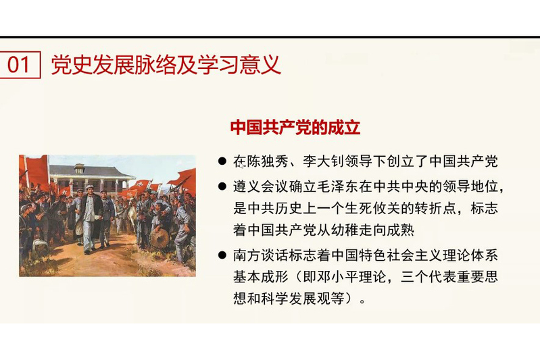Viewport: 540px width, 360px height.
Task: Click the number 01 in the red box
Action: pos(19,65)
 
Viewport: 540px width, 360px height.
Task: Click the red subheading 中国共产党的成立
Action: pos(295,128)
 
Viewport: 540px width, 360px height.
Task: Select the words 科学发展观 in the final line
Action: pos(296,299)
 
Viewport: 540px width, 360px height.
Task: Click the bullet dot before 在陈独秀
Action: pos(222,161)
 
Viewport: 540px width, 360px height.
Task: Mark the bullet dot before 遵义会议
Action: pos(222,186)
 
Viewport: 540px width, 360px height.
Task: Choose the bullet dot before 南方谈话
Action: pos(222,255)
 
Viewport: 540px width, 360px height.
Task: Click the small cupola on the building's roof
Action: pos(79,168)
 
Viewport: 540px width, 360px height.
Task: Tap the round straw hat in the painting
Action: pos(159,238)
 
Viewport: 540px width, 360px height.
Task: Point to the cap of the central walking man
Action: pos(89,187)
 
